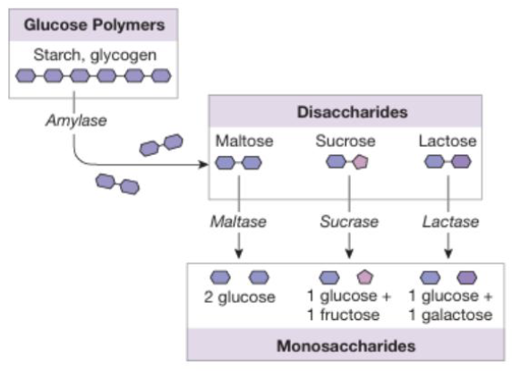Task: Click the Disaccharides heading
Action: [346, 114]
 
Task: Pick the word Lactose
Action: [447, 142]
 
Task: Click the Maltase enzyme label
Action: [238, 220]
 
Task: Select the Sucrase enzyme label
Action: [348, 220]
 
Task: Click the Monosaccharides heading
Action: [345, 344]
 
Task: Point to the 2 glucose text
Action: [238, 298]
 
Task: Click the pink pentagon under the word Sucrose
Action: [360, 163]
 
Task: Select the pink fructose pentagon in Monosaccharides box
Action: [365, 279]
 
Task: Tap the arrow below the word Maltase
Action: [238, 244]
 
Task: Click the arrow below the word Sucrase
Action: [348, 244]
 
